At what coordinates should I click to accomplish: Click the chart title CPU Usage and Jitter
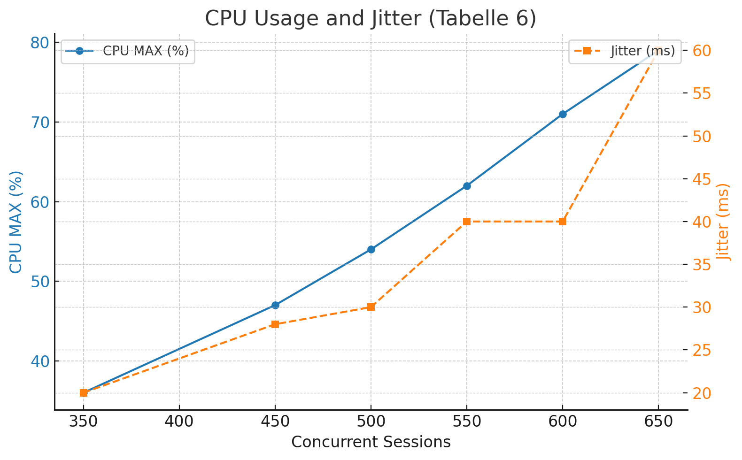[371, 19]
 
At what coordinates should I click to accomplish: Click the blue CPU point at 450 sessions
[275, 305]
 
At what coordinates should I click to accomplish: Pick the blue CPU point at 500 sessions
[371, 249]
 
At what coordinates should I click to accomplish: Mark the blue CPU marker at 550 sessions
[467, 186]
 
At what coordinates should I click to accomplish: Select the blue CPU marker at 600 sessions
[563, 114]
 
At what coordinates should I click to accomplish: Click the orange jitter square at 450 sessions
[275, 324]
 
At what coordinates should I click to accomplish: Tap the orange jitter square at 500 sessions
[371, 307]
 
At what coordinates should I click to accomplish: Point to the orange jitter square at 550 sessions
[467, 222]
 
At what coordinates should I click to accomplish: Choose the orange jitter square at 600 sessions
[563, 222]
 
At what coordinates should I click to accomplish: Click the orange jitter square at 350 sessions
[84, 393]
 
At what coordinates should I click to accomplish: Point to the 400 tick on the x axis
[179, 422]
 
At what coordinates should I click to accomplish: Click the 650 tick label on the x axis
[658, 422]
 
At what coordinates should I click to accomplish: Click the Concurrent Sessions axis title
[371, 442]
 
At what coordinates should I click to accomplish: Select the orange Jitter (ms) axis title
[724, 222]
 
